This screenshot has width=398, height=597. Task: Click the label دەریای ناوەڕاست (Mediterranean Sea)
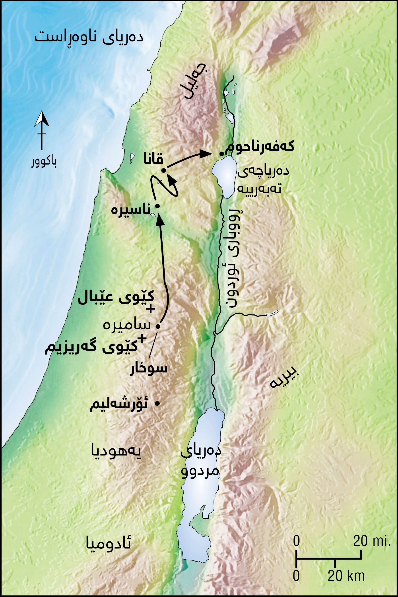[89, 37]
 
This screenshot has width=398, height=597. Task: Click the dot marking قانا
[164, 171]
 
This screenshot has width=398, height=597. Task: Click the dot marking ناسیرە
[157, 206]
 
